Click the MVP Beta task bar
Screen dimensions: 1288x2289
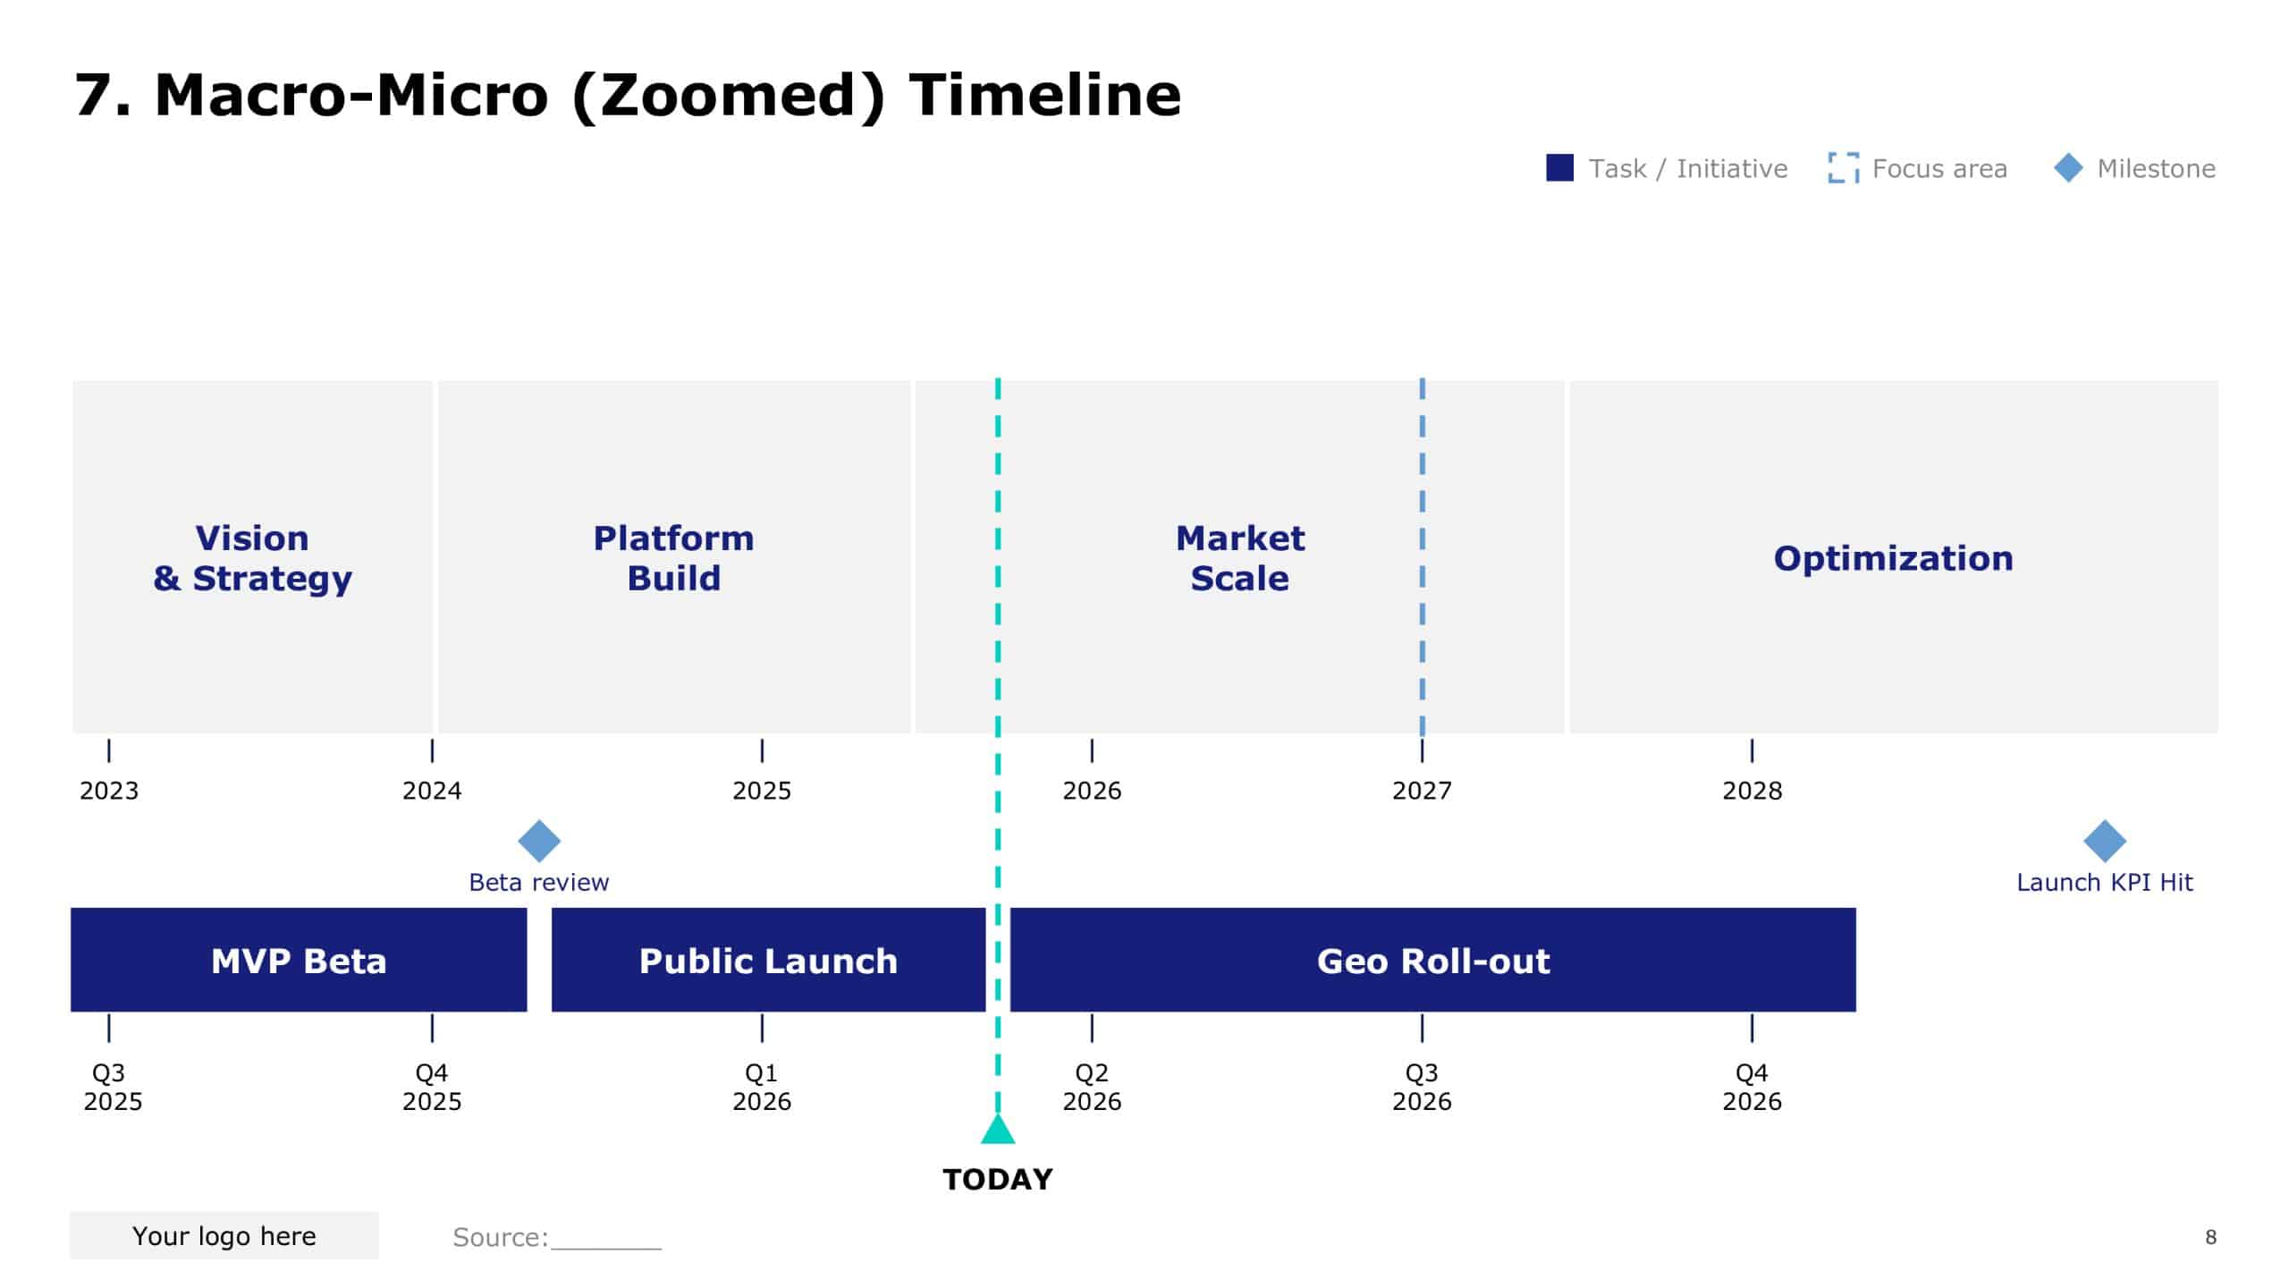click(x=299, y=960)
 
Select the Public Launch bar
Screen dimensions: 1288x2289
click(x=768, y=960)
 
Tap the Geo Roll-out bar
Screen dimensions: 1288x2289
click(x=1432, y=960)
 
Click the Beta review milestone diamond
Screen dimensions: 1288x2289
click(x=539, y=841)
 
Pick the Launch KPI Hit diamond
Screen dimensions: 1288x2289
click(x=2104, y=841)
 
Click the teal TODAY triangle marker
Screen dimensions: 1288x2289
click(x=998, y=1131)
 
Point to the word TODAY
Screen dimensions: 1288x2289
click(x=998, y=1179)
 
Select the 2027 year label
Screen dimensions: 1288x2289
click(x=1422, y=791)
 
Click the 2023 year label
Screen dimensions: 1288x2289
click(x=109, y=791)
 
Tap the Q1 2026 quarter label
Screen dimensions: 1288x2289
click(x=762, y=1087)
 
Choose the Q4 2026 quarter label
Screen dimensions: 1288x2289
click(x=1752, y=1087)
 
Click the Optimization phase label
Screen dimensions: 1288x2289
click(x=1893, y=558)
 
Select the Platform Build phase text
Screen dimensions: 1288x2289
click(x=673, y=558)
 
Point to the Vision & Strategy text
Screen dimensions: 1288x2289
click(x=252, y=558)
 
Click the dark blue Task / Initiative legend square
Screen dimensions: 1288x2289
click(x=1559, y=168)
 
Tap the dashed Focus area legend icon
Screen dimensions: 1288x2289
click(x=1843, y=168)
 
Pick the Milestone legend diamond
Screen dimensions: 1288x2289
click(x=2068, y=168)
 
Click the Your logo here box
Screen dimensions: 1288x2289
click(x=224, y=1235)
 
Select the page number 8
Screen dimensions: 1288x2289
click(x=2210, y=1237)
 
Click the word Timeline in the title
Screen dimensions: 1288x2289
click(x=1044, y=95)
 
